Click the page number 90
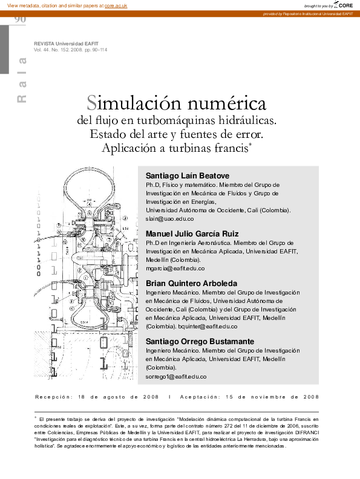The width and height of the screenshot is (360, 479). click(x=19, y=19)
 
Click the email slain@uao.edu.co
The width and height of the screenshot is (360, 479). click(x=169, y=218)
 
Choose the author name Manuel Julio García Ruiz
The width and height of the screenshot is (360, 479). click(x=192, y=233)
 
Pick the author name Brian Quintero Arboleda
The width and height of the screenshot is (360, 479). click(x=191, y=283)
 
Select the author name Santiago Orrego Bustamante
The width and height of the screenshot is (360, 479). click(x=200, y=341)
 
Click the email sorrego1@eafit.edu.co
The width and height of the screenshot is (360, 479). click(x=176, y=376)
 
